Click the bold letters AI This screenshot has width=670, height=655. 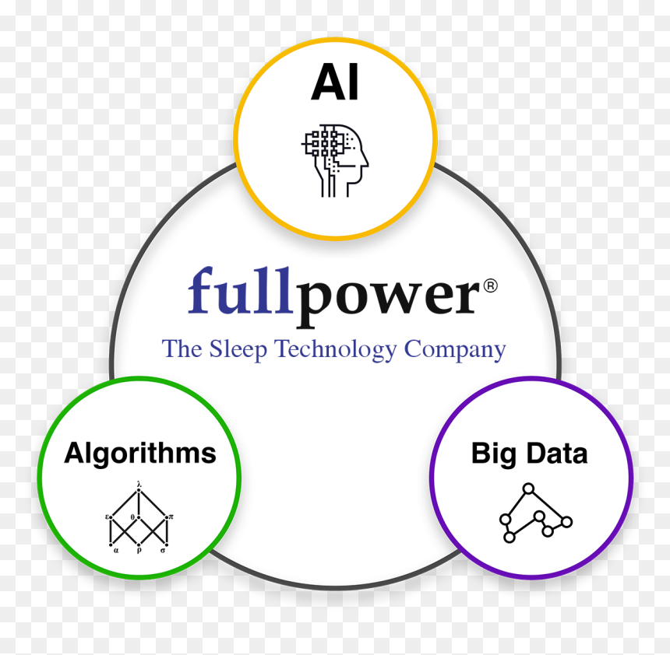click(334, 82)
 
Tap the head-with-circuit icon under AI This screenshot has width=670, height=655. click(334, 160)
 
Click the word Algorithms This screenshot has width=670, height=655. click(140, 454)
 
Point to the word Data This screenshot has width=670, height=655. click(557, 454)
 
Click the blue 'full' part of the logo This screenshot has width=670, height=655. click(240, 291)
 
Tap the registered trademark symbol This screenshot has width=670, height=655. click(491, 285)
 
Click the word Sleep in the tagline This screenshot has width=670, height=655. click(238, 349)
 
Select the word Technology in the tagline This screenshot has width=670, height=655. click(336, 349)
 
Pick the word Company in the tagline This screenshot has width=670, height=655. click(455, 349)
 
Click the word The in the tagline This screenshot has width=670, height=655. click(182, 349)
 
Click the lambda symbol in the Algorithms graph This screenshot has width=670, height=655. click(139, 485)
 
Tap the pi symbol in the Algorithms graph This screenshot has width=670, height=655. click(171, 517)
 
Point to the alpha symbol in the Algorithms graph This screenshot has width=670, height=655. click(116, 551)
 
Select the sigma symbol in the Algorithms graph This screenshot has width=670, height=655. click(163, 551)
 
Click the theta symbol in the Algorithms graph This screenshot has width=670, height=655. click(132, 517)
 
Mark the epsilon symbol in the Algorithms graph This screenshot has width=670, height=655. click(107, 517)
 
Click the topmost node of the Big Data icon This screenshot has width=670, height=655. click(528, 489)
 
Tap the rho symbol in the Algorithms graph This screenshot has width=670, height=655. click(139, 551)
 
